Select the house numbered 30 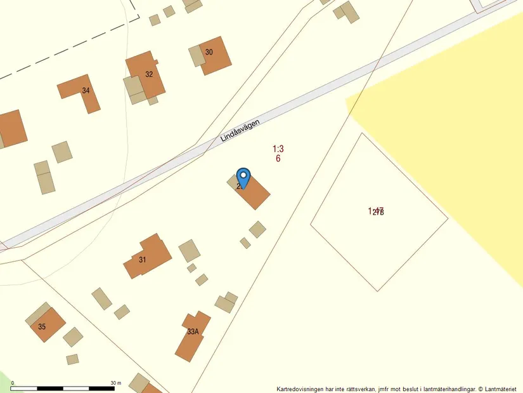212,57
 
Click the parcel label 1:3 278,149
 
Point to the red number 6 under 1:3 278,158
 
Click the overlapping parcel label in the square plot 377,211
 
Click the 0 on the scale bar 13,383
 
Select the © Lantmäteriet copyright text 498,389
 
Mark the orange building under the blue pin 255,192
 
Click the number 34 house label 86,91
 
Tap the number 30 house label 209,52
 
